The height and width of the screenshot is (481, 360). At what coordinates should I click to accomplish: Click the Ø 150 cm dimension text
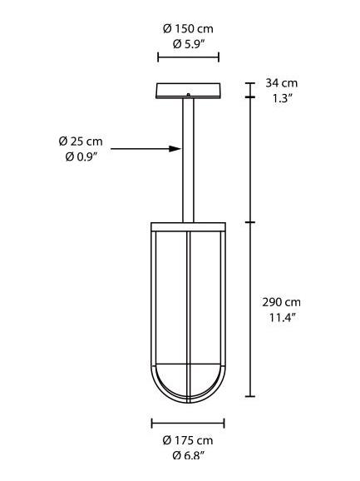tap(188, 29)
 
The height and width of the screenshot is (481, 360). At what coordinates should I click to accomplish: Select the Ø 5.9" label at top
tap(188, 43)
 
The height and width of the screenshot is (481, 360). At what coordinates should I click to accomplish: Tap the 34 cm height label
tap(281, 83)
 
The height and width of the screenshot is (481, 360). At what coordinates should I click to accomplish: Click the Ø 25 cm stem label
tap(81, 141)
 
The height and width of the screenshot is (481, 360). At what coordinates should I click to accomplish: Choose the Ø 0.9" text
tap(81, 156)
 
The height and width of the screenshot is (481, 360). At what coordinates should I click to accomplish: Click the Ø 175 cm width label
tap(188, 440)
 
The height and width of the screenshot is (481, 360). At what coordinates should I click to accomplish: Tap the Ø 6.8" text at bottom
tap(188, 454)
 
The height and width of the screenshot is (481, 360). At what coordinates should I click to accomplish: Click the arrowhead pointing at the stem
tap(175, 149)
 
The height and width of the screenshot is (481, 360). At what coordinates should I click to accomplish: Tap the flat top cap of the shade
tap(188, 225)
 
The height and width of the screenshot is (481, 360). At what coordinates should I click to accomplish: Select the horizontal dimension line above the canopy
tap(188, 57)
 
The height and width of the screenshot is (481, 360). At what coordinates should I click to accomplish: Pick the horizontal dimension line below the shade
tap(188, 422)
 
